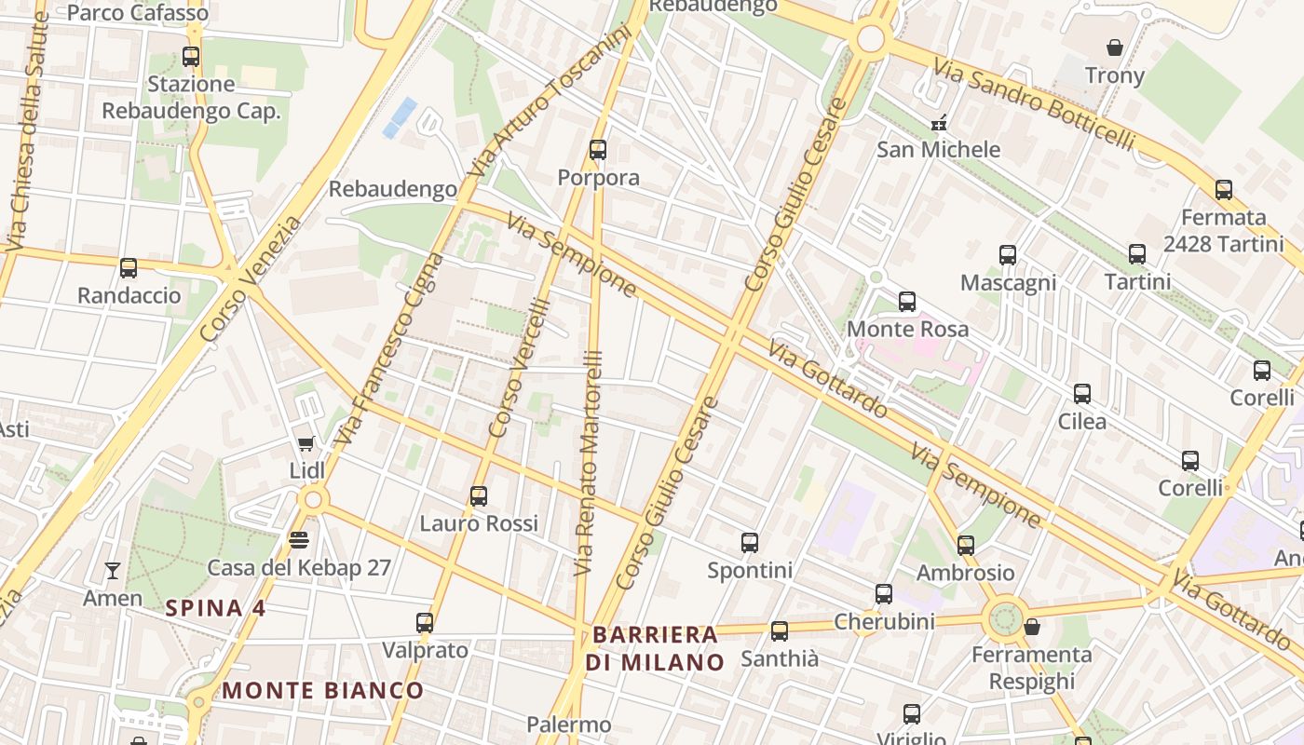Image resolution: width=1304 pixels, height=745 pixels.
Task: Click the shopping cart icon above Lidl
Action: pos(306,444)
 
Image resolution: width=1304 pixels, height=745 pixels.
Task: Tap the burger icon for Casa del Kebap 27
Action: pos(299,539)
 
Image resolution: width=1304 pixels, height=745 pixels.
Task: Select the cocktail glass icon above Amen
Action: pos(113,571)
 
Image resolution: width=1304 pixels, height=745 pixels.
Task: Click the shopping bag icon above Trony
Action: pos(1114,47)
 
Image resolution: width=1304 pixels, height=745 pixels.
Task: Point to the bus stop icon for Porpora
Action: pos(598,149)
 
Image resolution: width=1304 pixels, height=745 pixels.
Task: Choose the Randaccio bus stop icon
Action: pos(129,268)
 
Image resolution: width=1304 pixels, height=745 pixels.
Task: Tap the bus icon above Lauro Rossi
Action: pos(479,495)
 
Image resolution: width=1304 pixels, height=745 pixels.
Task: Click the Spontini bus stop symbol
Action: pos(750,542)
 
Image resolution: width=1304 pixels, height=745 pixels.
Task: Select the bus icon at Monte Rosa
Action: pos(907,302)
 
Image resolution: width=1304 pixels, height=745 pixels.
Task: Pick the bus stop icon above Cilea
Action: pos(1082,394)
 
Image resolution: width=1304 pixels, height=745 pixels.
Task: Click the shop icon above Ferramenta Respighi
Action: pos(1031,627)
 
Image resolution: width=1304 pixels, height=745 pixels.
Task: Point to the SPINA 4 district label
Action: pos(215,609)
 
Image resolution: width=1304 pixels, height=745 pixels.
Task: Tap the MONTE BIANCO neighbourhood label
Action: pos(323,691)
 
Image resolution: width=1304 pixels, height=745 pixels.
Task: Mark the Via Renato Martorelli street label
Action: pos(589,463)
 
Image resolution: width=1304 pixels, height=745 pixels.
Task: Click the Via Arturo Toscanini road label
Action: pos(550,102)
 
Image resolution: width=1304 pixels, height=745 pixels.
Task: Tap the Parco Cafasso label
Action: pos(138,13)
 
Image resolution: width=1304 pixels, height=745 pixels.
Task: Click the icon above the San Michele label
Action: pos(939,123)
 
